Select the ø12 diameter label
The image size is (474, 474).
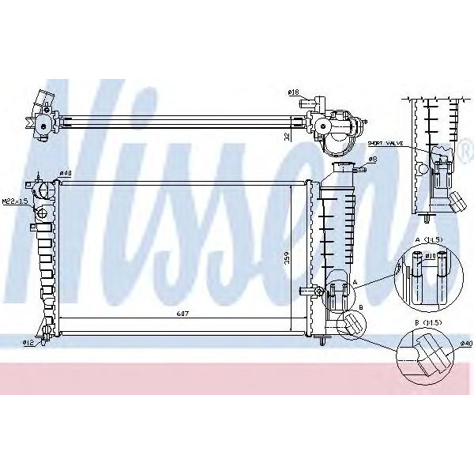[28, 341]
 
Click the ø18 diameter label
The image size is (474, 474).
[293, 93]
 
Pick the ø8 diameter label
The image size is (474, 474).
[372, 159]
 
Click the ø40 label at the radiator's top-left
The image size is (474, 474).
[66, 173]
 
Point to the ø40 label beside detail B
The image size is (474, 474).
[466, 344]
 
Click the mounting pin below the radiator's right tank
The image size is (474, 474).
[325, 342]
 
